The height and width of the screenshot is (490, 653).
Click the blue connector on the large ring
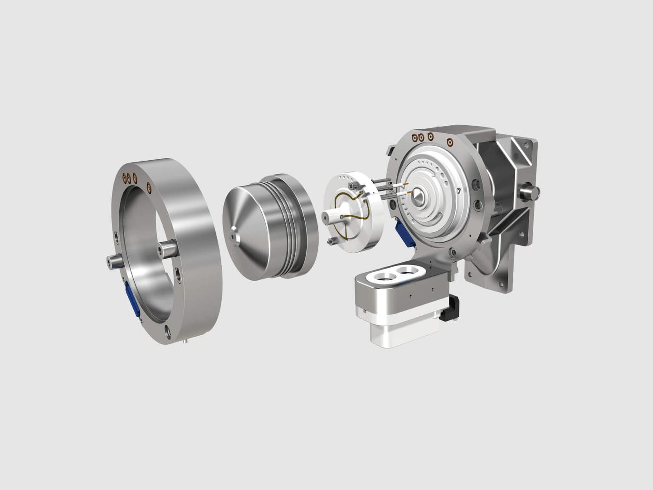[132, 297]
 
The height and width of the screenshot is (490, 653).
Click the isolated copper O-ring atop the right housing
[450, 141]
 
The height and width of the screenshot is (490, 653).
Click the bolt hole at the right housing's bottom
[453, 252]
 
